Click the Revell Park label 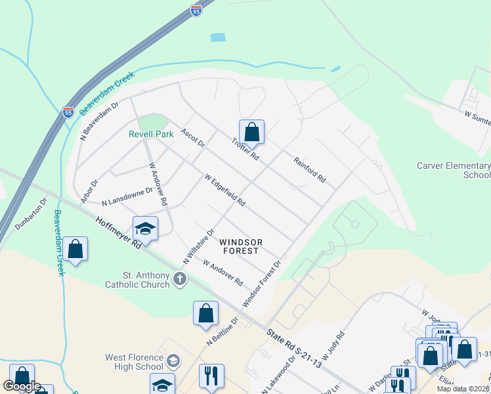click(151, 134)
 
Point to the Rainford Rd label click(309, 169)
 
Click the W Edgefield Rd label click(224, 190)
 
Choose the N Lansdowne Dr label click(127, 196)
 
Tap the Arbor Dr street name click(89, 190)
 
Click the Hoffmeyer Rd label click(117, 232)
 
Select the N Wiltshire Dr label click(199, 247)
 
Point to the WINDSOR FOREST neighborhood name click(241, 246)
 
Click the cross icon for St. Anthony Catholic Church click(179, 280)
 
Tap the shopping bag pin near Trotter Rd click(251, 132)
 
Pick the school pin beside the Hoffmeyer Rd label click(145, 229)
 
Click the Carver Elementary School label click(453, 170)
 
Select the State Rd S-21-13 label click(295, 346)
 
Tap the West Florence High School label click(134, 362)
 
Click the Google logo click(22, 385)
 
